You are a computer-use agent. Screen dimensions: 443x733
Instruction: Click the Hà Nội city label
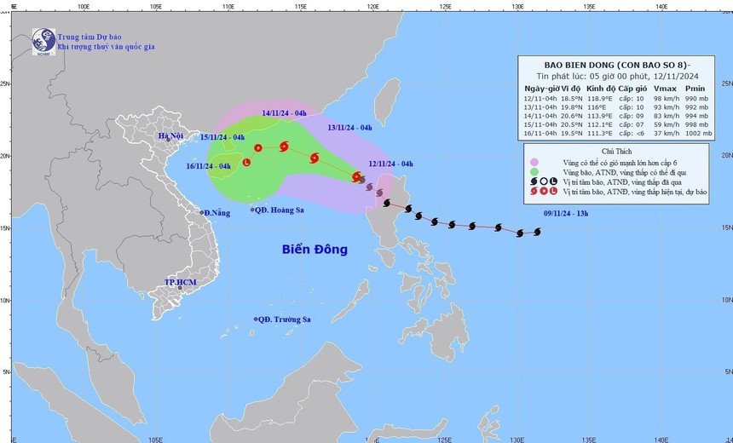[171, 135]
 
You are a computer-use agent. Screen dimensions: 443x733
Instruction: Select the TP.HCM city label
[180, 282]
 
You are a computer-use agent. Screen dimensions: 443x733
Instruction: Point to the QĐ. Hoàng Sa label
[282, 210]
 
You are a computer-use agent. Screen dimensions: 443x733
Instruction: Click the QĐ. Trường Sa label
[286, 319]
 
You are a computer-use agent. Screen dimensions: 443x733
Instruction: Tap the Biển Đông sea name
[315, 250]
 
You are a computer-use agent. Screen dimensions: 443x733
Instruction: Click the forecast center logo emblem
[43, 41]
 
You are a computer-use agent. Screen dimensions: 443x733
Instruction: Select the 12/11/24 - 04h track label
[391, 164]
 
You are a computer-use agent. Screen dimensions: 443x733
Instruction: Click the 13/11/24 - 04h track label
[349, 127]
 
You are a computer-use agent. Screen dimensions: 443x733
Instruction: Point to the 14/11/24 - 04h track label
[284, 112]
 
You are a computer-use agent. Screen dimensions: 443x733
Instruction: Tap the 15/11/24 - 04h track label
[222, 137]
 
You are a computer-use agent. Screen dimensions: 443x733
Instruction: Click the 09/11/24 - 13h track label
[567, 213]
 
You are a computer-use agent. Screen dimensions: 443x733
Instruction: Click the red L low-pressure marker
[246, 162]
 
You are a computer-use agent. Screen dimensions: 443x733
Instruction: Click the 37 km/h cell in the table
[667, 132]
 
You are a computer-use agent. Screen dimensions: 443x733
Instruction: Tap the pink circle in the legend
[534, 162]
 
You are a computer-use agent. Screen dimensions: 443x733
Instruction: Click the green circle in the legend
[534, 171]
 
